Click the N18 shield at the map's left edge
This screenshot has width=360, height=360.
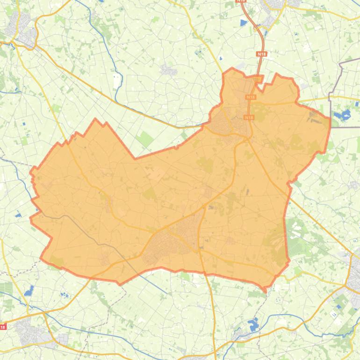(x=3, y=327)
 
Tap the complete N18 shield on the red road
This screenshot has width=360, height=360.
(x=261, y=54)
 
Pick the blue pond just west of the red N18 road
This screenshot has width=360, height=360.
(x=243, y=22)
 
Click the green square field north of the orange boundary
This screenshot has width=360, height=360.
(x=145, y=138)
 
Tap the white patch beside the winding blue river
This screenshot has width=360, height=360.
(x=117, y=82)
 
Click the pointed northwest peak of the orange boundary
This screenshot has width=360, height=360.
(x=96, y=120)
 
